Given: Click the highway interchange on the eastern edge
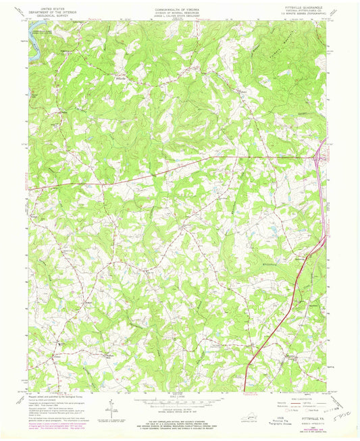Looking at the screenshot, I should [318, 159].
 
